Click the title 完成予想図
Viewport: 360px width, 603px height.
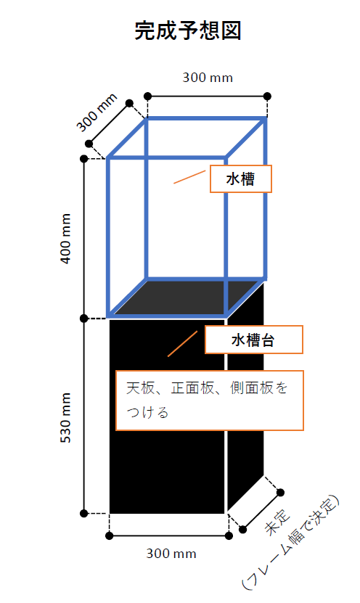tap(188, 30)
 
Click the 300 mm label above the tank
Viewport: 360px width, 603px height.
tap(208, 78)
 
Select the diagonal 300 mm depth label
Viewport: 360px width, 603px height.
tap(97, 112)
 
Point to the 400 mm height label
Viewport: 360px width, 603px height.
tap(66, 239)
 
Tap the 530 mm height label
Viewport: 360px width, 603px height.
tap(66, 418)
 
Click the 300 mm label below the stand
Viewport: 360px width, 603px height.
tap(171, 554)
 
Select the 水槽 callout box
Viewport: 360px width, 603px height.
tap(241, 179)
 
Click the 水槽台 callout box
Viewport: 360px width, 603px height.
tap(254, 340)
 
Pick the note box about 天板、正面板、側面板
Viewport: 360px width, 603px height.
tap(210, 401)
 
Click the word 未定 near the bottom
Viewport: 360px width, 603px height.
tap(278, 522)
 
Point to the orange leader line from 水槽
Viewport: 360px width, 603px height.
tap(189, 177)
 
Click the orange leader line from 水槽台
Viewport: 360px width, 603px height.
tap(182, 344)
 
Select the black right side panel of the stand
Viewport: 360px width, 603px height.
tap(245, 396)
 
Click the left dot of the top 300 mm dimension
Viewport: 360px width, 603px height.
tap(147, 96)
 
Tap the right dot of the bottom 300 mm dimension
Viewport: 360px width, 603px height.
tap(229, 536)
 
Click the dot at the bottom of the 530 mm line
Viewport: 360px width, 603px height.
tap(84, 514)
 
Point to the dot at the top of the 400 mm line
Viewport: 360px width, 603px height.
tap(84, 158)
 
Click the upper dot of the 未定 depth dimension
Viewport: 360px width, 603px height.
tap(280, 492)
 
